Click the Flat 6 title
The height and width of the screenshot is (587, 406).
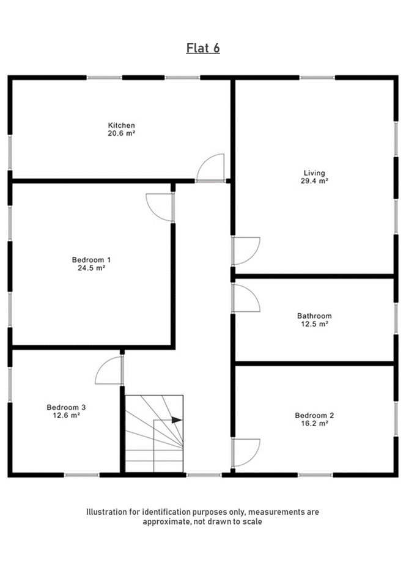point(203,48)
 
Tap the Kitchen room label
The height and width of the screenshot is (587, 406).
point(121,125)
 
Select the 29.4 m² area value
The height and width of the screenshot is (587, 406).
point(314,181)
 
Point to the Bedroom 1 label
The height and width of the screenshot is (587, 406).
point(91,260)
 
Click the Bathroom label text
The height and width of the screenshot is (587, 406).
point(314,316)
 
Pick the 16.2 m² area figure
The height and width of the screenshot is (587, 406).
point(314,423)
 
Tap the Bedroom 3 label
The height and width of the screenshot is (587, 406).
point(66,407)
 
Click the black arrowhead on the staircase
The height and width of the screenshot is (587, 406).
point(177,420)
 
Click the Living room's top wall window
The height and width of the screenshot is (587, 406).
point(317,78)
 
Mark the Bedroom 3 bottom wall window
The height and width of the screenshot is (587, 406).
point(81,475)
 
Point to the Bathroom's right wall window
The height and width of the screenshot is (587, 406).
point(396,318)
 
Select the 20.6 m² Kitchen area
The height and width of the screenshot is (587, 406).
point(121,133)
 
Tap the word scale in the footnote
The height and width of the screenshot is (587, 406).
point(252,522)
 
